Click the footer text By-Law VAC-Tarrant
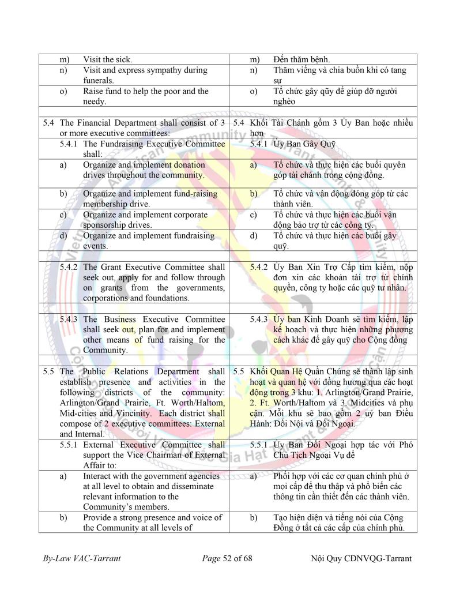tap(81, 558)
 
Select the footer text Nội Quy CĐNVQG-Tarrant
tap(361, 558)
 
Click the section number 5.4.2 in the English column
tap(70, 267)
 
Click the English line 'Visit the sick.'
tap(107, 59)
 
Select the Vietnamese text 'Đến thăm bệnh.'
tap(302, 59)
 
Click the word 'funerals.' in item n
tap(99, 80)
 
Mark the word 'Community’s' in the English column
tap(108, 507)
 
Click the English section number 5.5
tap(48, 371)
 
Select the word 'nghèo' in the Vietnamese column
tap(285, 101)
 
